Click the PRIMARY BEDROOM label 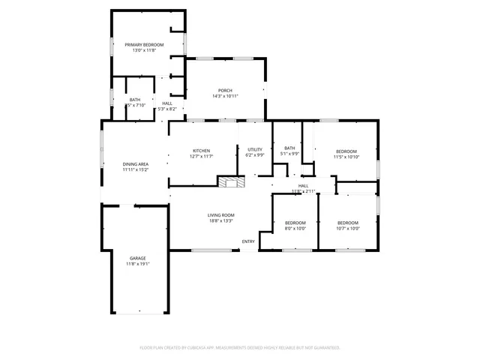click(x=144, y=45)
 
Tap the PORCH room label click(x=225, y=90)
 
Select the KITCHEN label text click(x=202, y=150)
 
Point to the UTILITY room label click(x=255, y=150)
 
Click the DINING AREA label click(x=136, y=163)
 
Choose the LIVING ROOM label click(x=221, y=215)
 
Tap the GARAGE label click(x=137, y=258)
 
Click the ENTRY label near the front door click(x=248, y=241)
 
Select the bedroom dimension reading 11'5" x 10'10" click(x=346, y=157)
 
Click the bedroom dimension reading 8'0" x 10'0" click(x=295, y=229)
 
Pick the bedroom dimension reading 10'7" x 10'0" click(x=347, y=229)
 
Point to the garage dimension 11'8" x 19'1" click(x=137, y=264)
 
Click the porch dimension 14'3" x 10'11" click(x=225, y=96)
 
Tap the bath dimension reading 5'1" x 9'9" click(x=289, y=154)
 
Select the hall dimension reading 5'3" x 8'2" click(x=166, y=109)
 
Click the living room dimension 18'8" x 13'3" click(x=221, y=221)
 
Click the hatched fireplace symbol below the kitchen click(x=231, y=181)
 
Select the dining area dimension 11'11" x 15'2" click(x=136, y=169)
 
